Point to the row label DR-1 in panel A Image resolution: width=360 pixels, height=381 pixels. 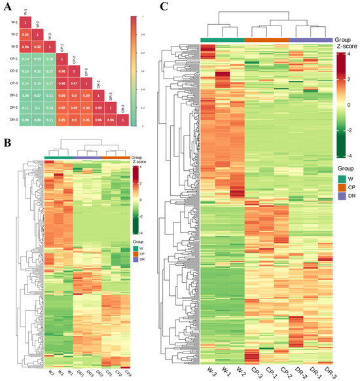click(x=10, y=95)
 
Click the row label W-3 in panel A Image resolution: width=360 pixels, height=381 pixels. click(x=10, y=45)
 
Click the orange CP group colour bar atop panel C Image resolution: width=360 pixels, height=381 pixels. click(x=266, y=41)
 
